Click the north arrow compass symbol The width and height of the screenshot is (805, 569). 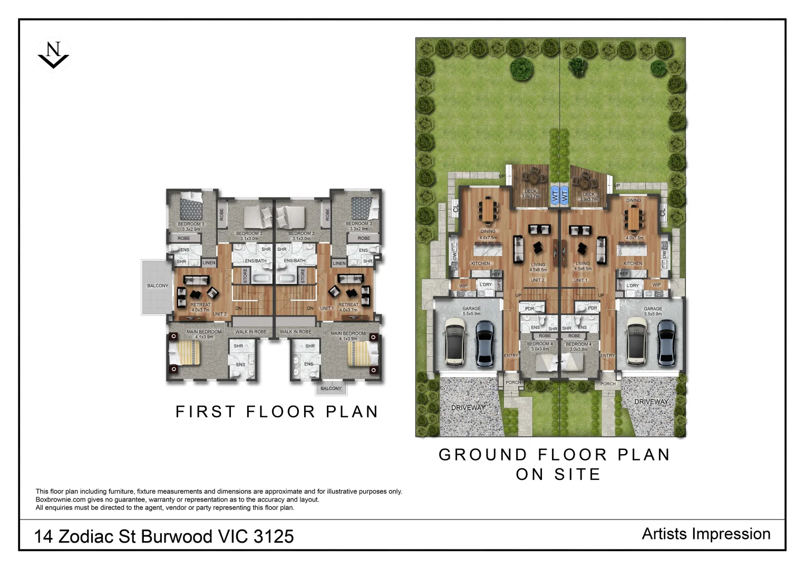point(53,54)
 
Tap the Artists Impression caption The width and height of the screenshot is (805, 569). point(706,534)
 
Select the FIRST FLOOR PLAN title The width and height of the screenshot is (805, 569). point(277,411)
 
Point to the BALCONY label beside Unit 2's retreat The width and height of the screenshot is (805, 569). point(158,286)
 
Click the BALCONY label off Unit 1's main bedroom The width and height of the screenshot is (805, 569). point(331,388)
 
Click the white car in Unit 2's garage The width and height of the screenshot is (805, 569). point(455,342)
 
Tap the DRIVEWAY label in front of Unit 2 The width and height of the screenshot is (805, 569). point(468,408)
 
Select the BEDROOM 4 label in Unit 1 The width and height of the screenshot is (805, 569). point(578,344)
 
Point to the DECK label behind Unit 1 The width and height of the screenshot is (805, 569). point(589,194)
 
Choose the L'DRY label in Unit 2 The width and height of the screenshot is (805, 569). point(486,284)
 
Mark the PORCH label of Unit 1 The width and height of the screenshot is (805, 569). point(608,384)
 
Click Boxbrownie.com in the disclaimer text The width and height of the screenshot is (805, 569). point(61,499)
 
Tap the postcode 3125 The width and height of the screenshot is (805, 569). point(274,536)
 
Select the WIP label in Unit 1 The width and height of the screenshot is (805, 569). point(656,284)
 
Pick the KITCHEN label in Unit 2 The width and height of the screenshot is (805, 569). point(480,263)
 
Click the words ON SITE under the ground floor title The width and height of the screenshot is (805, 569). point(558,474)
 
